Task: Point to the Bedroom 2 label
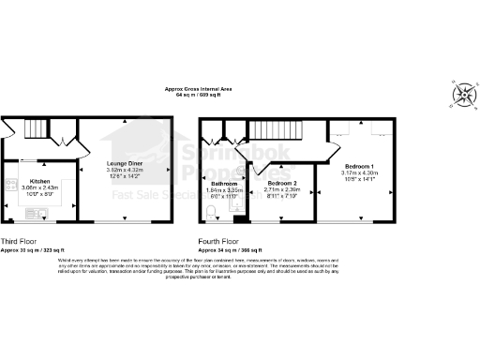click(x=282, y=183)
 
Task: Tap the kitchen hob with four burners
click(x=10, y=185)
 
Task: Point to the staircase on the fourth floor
click(x=273, y=132)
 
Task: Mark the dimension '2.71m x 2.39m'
click(x=282, y=189)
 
